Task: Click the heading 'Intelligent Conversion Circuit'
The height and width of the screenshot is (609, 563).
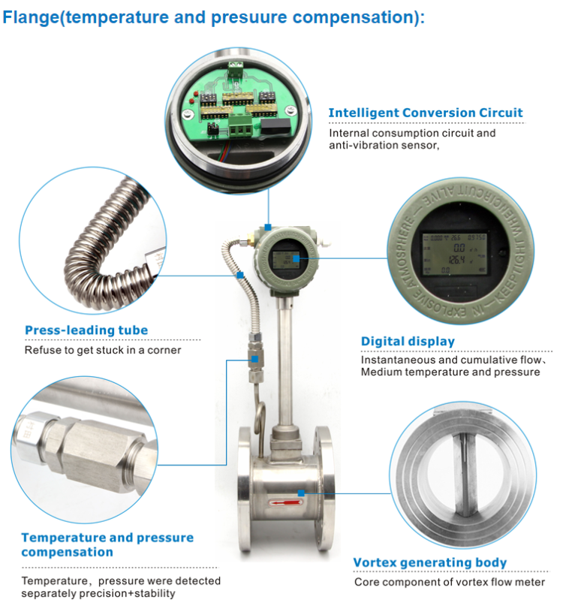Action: click(x=425, y=113)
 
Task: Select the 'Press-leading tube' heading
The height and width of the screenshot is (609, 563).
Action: click(x=86, y=330)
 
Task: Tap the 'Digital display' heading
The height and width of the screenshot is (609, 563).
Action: click(x=408, y=341)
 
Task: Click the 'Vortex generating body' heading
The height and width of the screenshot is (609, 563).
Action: click(x=429, y=562)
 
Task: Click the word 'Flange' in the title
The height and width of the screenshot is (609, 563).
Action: click(x=31, y=17)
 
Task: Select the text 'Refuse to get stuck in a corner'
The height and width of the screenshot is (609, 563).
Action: click(x=103, y=350)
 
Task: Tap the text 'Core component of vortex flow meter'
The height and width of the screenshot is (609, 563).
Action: click(x=450, y=582)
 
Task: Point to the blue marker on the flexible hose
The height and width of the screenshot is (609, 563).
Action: click(x=239, y=276)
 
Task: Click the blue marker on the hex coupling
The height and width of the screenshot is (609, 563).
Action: click(x=255, y=359)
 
